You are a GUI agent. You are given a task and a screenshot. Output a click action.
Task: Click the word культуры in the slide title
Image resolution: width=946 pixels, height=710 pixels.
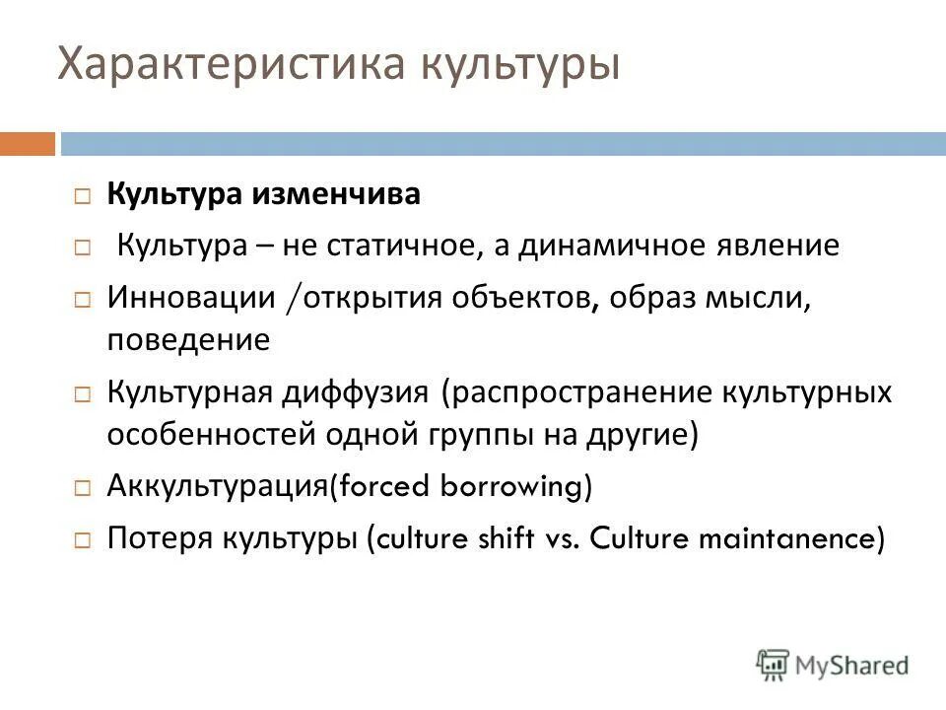click(521, 65)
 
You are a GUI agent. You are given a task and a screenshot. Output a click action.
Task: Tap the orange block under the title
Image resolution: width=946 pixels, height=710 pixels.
click(28, 144)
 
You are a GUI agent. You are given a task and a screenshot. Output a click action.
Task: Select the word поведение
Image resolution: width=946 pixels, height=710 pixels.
click(187, 341)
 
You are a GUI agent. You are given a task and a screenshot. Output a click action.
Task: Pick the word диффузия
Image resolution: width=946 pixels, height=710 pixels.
click(357, 392)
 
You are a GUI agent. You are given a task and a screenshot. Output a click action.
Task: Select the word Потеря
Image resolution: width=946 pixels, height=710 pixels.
click(159, 538)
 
